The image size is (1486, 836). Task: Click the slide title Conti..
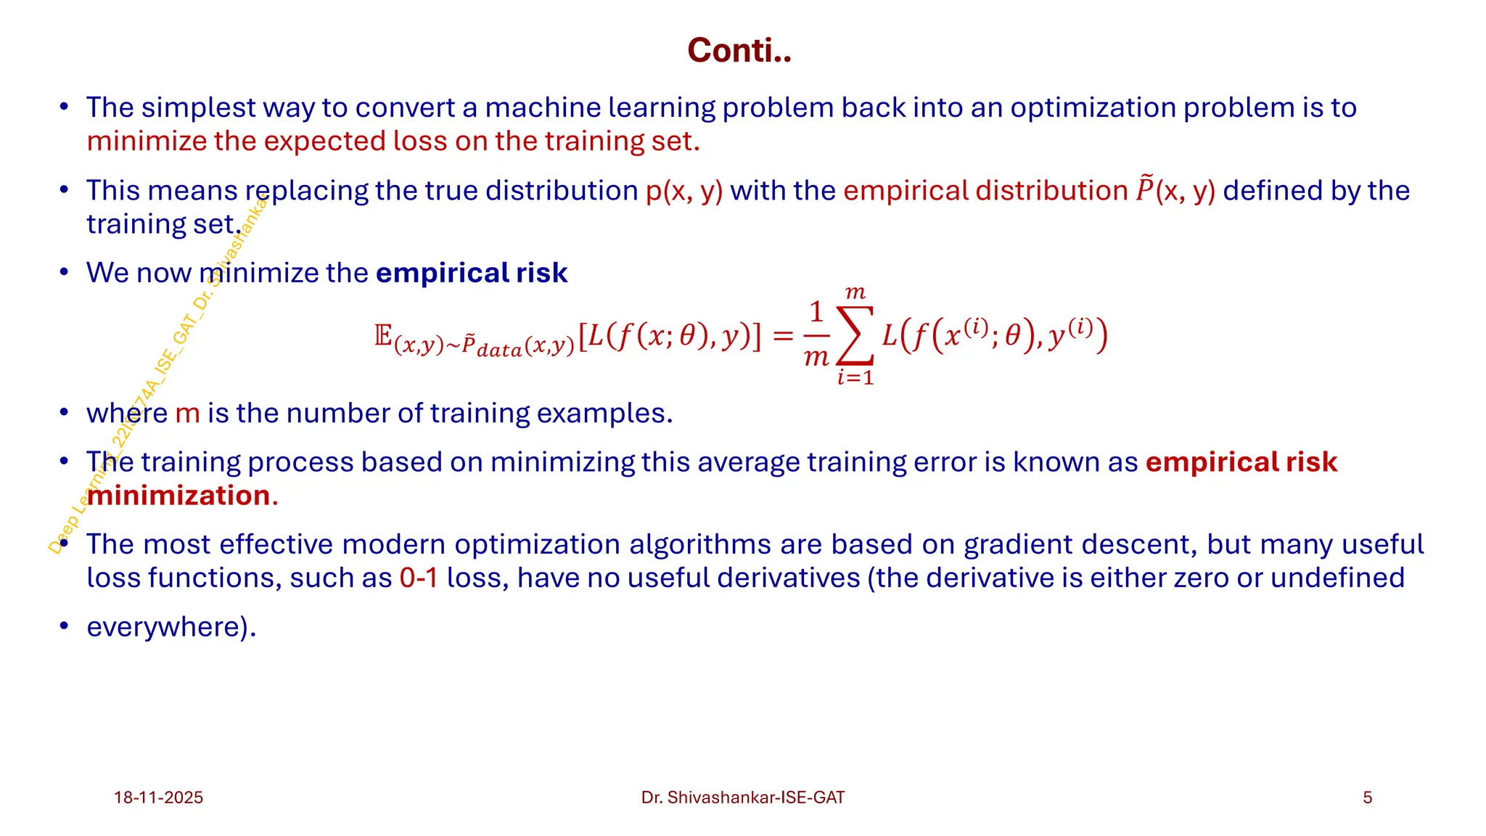click(x=739, y=51)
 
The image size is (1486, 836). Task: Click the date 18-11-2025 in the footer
click(x=158, y=798)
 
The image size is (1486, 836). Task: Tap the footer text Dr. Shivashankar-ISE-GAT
click(x=742, y=798)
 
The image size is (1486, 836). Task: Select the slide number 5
click(x=1367, y=798)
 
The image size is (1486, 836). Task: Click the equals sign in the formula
click(x=783, y=335)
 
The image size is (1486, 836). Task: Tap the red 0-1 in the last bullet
click(x=419, y=578)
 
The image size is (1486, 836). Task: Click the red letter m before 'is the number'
click(x=187, y=414)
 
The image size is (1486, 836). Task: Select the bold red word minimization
click(x=178, y=496)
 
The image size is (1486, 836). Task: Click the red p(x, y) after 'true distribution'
click(x=684, y=191)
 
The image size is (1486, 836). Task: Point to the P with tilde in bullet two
click(x=1144, y=189)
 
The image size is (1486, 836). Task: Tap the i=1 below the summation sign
click(x=855, y=377)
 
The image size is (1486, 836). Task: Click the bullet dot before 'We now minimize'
click(x=64, y=273)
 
